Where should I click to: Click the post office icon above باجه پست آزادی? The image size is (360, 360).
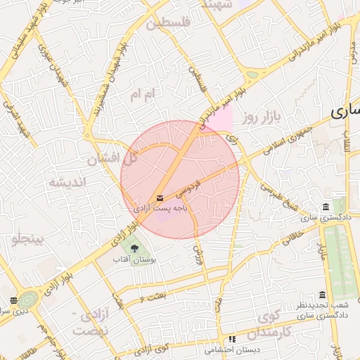point(160,198)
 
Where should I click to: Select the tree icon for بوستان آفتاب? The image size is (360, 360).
point(134,248)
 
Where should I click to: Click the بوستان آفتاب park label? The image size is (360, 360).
point(134,259)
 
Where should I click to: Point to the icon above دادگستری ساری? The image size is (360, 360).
point(325,207)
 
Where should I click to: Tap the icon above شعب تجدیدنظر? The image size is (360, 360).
point(322,295)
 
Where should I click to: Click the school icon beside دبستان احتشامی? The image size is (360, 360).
point(232,340)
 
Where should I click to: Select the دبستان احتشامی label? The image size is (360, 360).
point(232,349)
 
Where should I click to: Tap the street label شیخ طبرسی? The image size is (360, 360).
point(281,196)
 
